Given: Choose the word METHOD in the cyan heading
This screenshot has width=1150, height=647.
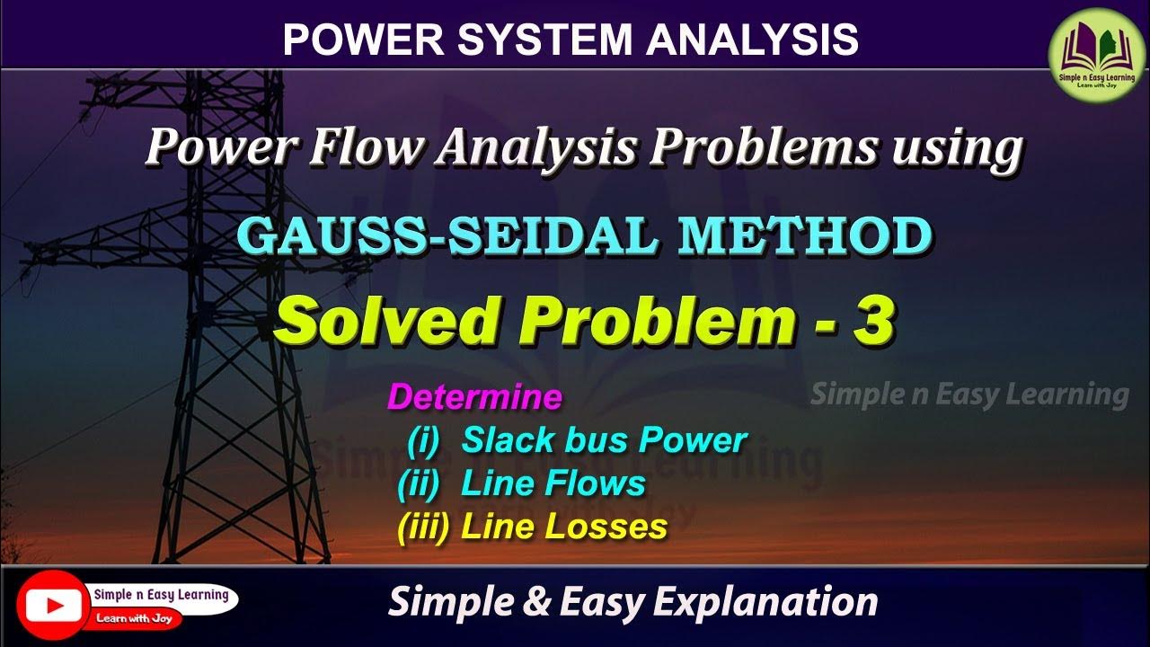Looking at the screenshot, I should pyautogui.click(x=804, y=236).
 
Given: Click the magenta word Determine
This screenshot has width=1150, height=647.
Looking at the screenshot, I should pyautogui.click(x=474, y=397).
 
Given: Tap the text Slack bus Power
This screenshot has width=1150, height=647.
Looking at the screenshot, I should pyautogui.click(x=605, y=440).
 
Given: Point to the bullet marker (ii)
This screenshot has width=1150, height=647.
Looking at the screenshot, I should pyautogui.click(x=419, y=483).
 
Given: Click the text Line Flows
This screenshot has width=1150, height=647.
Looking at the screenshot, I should pyautogui.click(x=553, y=483).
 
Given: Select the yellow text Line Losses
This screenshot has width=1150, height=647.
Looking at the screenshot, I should pyautogui.click(x=564, y=527).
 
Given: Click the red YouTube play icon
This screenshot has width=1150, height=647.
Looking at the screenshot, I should pyautogui.click(x=52, y=605).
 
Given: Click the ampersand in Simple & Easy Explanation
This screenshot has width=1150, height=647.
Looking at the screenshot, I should pyautogui.click(x=539, y=601).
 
